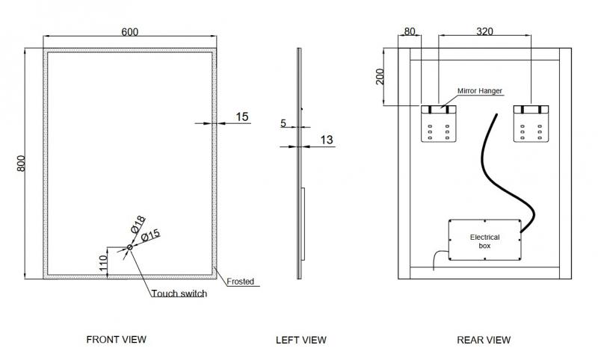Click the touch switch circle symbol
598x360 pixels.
coord(130,247)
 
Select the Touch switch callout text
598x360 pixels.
coord(179,294)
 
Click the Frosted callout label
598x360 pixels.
coord(241,282)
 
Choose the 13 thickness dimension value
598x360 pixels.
coord(326,139)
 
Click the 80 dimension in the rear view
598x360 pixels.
coord(409,31)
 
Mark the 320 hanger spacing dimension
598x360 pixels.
coord(485,31)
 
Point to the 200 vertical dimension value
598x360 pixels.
coord(380,77)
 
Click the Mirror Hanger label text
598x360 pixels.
coord(479,91)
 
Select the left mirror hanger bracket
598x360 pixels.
coord(438,123)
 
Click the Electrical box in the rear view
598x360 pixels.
coord(484,240)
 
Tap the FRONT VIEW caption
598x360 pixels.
coord(116,339)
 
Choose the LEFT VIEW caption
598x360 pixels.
coord(301,340)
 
